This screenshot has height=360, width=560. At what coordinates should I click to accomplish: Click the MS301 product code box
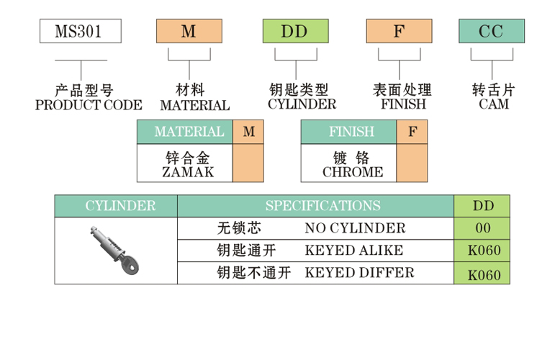click(79, 31)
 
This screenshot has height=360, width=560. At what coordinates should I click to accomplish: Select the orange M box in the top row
click(189, 31)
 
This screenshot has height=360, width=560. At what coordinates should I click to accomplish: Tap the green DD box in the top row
click(294, 31)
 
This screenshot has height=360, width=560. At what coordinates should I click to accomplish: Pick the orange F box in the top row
click(399, 31)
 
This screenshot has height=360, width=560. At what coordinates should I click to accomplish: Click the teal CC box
click(492, 31)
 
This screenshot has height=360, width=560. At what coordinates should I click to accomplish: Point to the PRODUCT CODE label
click(89, 105)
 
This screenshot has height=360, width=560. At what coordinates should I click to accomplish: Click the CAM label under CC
click(494, 104)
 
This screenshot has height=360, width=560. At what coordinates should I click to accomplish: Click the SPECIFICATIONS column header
click(322, 206)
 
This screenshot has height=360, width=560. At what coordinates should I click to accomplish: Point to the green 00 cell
click(483, 228)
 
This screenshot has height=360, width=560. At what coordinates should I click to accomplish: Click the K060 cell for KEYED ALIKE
click(483, 251)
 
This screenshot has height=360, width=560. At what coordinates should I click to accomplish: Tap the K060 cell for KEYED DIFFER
click(483, 274)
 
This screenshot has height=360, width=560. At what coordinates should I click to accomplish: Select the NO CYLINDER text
click(355, 228)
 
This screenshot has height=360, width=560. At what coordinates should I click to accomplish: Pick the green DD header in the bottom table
click(483, 206)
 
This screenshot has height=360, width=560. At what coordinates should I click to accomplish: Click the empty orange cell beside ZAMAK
click(248, 163)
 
